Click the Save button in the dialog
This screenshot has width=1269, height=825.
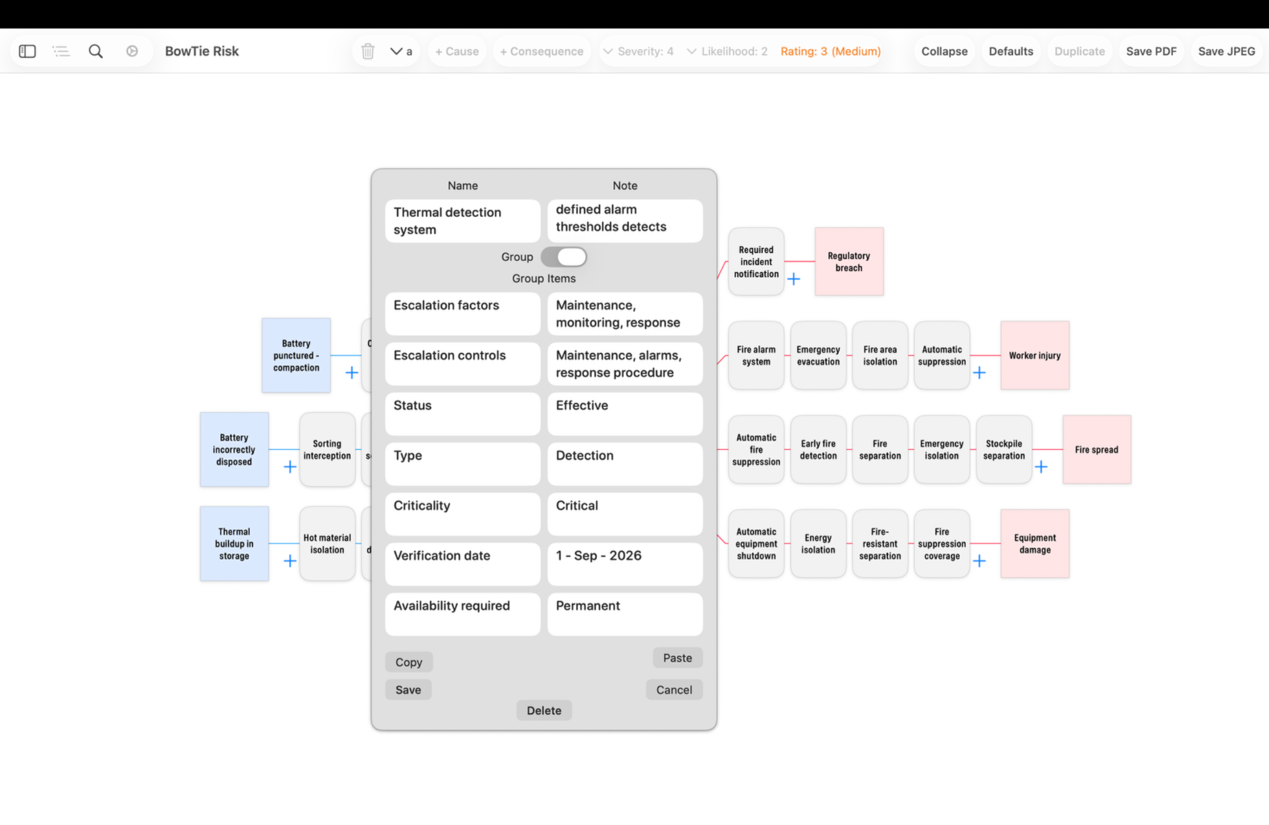coord(408,690)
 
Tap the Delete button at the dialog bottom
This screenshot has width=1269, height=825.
coord(544,710)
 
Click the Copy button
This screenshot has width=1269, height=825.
coord(409,662)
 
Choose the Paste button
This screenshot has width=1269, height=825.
coord(677,658)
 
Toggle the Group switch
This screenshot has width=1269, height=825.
coord(564,257)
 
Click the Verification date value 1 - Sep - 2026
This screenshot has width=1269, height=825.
coord(625,564)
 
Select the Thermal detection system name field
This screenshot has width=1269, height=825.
coord(462,221)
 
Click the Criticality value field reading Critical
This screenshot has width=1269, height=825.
coord(625,514)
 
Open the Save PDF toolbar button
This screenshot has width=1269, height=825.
coord(1151,51)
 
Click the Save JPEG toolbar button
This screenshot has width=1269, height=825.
coord(1226,51)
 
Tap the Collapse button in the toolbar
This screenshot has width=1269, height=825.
coord(944,51)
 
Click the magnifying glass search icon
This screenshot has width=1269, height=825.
coord(95,51)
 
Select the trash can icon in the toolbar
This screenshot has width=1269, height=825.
coord(368,51)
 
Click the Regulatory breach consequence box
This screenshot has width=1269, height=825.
coord(849,262)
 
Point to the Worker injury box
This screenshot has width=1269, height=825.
coord(1035,356)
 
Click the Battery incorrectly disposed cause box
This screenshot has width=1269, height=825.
coord(234,450)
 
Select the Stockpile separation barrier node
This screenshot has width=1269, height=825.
coord(1004,450)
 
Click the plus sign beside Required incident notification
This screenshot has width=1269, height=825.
coord(794,279)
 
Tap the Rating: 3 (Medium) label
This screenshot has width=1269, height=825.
coord(830,51)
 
